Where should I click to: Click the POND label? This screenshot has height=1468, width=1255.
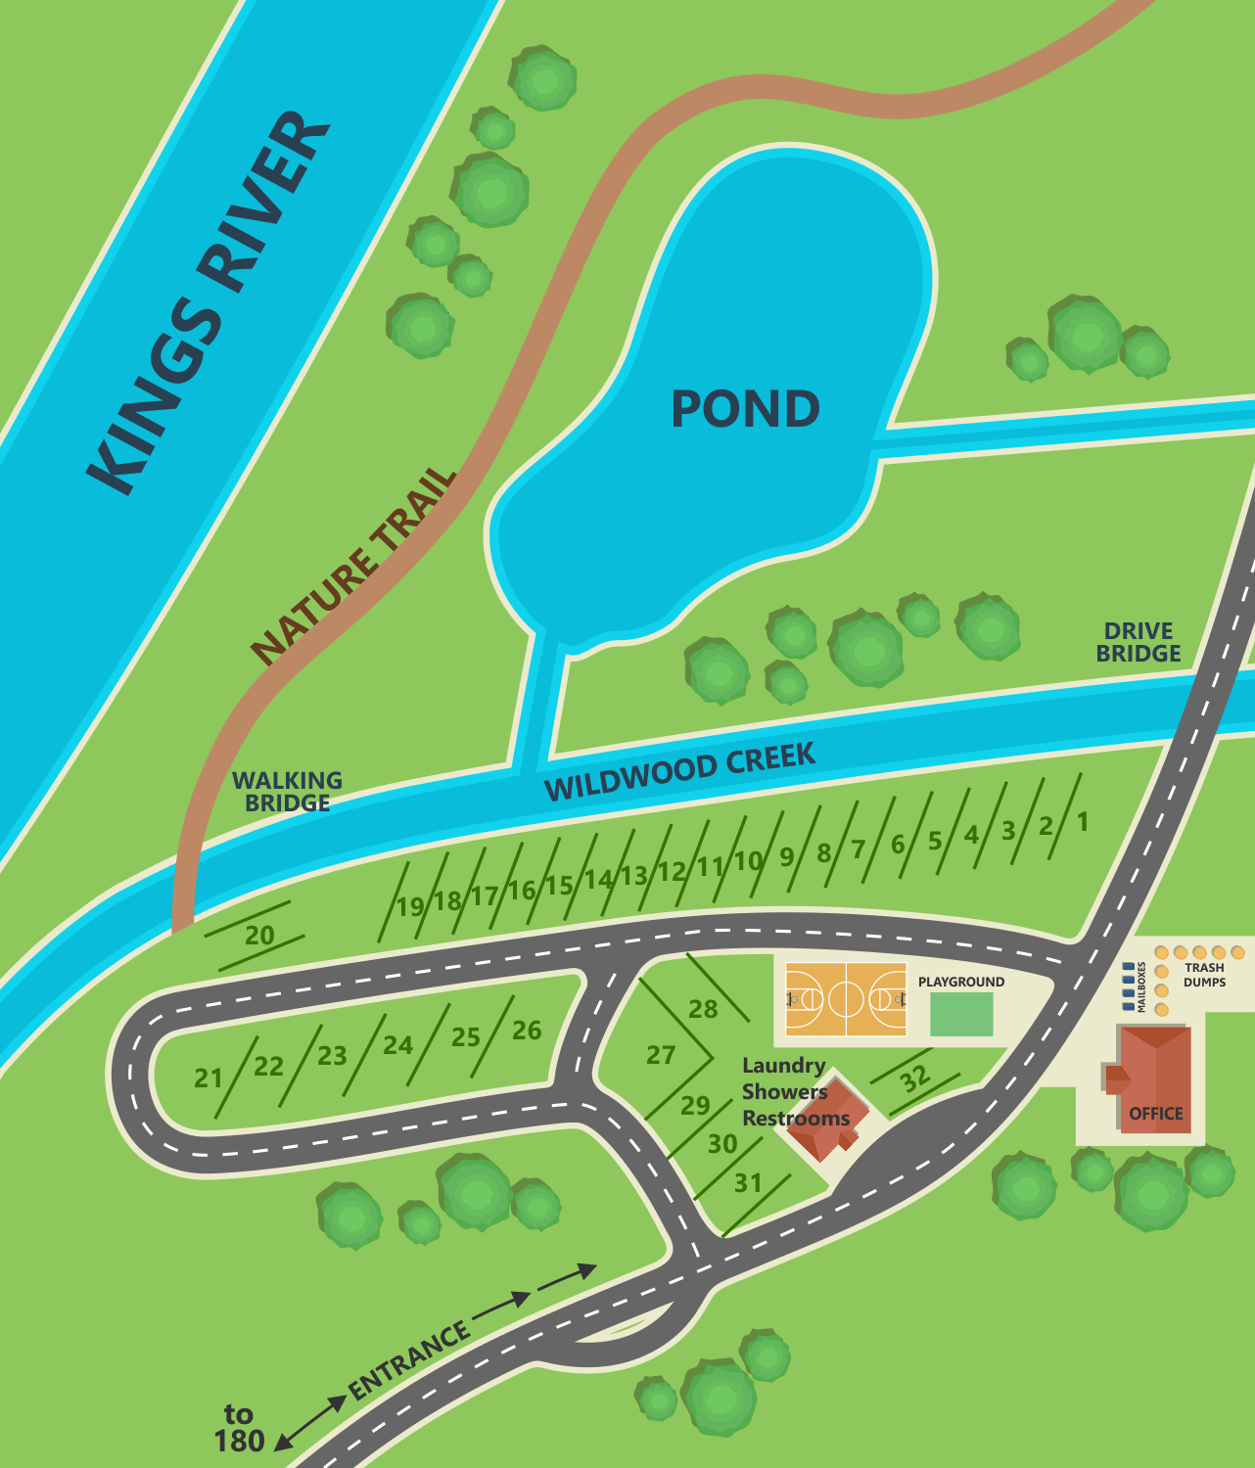(x=745, y=409)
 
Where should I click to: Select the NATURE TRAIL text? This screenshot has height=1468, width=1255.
(x=354, y=568)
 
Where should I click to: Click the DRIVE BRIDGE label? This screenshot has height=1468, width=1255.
(x=1138, y=642)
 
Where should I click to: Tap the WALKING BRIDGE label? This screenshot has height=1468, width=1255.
(x=287, y=792)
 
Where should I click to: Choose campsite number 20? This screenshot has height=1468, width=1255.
(x=259, y=936)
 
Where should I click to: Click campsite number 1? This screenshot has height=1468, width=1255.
(x=1083, y=821)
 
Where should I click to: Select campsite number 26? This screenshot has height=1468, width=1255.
(x=527, y=1030)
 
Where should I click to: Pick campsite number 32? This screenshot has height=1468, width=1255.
(x=915, y=1078)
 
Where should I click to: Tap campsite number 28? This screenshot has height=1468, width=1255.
(x=703, y=1009)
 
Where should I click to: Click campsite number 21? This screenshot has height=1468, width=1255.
(x=209, y=1078)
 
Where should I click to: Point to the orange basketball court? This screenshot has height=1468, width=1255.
(x=846, y=998)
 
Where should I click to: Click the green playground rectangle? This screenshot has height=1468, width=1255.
(x=961, y=1015)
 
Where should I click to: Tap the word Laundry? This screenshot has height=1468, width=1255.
(x=784, y=1066)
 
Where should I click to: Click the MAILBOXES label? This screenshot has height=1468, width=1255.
(x=1141, y=986)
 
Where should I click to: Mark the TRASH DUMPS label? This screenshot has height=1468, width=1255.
(x=1204, y=975)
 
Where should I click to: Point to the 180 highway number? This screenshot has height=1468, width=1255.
(x=239, y=1441)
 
